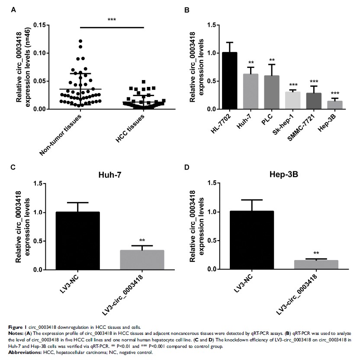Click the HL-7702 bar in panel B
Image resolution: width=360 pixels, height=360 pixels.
(230, 81)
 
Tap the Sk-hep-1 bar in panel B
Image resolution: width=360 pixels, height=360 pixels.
(293, 100)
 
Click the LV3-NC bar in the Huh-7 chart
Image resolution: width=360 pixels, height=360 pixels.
(78, 241)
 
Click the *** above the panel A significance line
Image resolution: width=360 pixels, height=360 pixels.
(112, 20)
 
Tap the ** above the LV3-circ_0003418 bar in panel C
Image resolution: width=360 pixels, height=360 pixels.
(141, 241)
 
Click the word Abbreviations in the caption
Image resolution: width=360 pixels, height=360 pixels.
(22, 353)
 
